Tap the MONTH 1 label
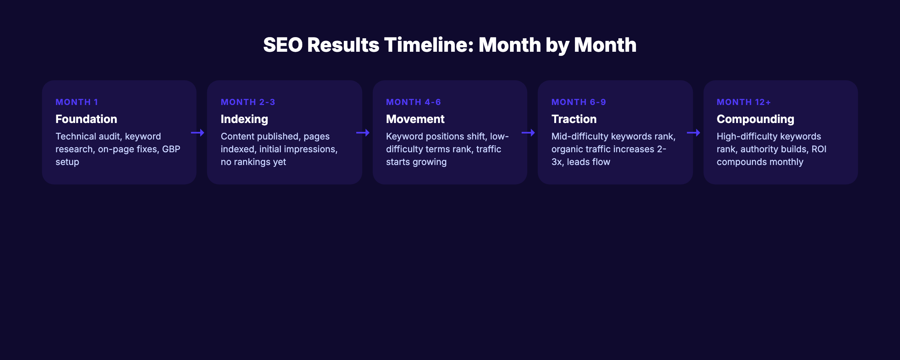tap(76, 102)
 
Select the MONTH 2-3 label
tap(248, 102)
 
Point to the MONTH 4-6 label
tap(413, 102)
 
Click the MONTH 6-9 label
tap(578, 102)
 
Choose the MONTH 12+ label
tap(744, 102)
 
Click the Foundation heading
tap(86, 119)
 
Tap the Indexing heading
tap(244, 119)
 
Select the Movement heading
tap(415, 119)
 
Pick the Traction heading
tap(574, 119)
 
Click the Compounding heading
tap(755, 119)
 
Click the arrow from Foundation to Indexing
tap(198, 133)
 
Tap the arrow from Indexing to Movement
tap(363, 133)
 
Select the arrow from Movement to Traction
tap(528, 133)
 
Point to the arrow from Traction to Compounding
tap(693, 133)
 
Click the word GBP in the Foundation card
tap(171, 149)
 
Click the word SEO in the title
tap(283, 45)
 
